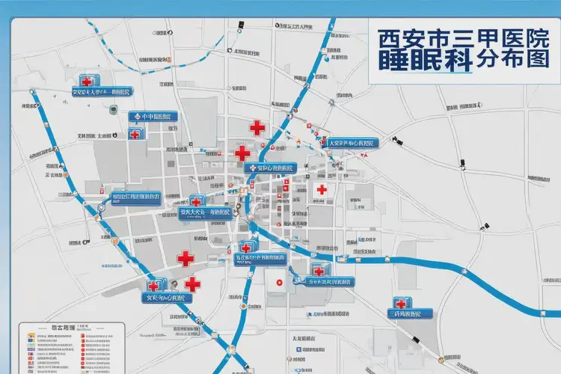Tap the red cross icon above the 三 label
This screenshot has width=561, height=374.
pyautogui.click(x=400, y=304)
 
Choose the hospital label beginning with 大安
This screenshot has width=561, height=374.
pyautogui.click(x=353, y=143)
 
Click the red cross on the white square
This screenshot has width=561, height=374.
pyautogui.click(x=322, y=190)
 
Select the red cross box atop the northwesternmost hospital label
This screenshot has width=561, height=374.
pyautogui.click(x=87, y=81)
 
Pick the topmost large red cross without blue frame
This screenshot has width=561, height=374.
pyautogui.click(x=257, y=128)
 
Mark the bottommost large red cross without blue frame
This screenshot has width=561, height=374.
pyautogui.click(x=192, y=284)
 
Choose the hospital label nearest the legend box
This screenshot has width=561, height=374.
pyautogui.click(x=167, y=297)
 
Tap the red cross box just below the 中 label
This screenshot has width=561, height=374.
pyautogui.click(x=135, y=134)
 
